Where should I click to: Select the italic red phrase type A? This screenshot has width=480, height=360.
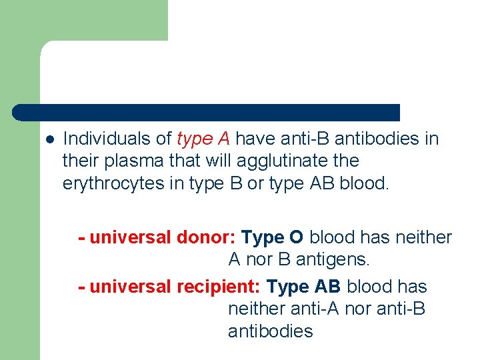203,139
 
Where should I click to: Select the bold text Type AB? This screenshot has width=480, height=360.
303,287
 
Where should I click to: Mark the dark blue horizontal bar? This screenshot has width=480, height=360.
207,112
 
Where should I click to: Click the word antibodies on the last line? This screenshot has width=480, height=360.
270,331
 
